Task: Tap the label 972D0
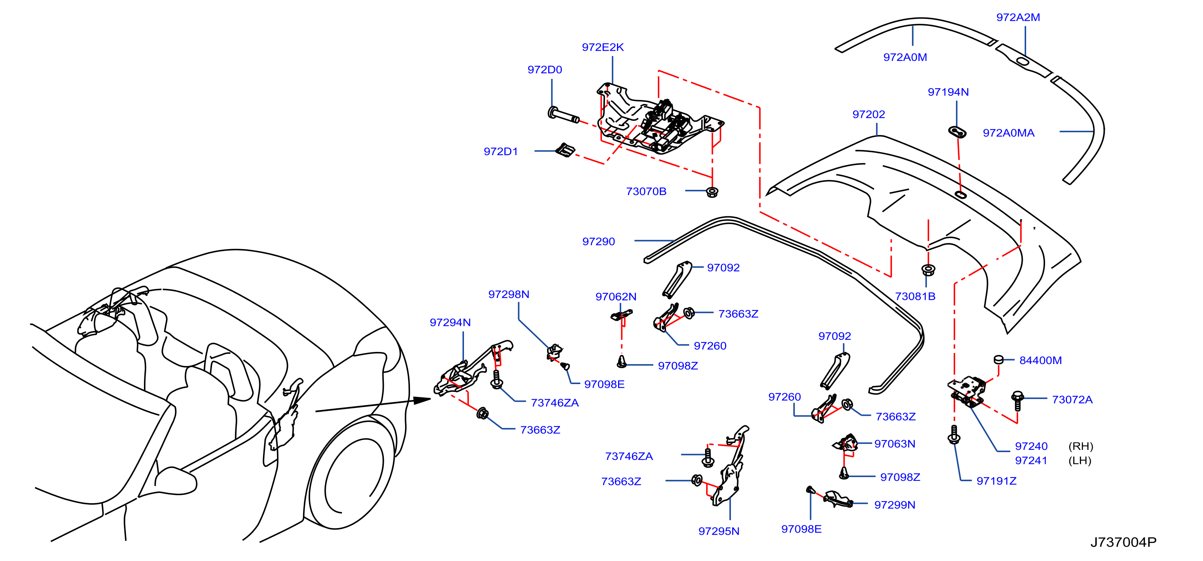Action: tap(544, 70)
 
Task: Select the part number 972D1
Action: tap(501, 151)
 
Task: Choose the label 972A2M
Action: tap(1018, 17)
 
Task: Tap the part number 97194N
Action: tap(948, 92)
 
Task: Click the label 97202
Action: tap(869, 115)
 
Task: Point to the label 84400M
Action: tap(1041, 360)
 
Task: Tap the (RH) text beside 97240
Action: tap(1081, 446)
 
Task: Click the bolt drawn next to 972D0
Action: tap(563, 115)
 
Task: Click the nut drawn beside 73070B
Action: tap(712, 192)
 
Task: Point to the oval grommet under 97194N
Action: tap(957, 132)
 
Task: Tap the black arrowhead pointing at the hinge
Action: tap(422, 400)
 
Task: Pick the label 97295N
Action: tap(719, 531)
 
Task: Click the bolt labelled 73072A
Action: tap(1017, 401)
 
